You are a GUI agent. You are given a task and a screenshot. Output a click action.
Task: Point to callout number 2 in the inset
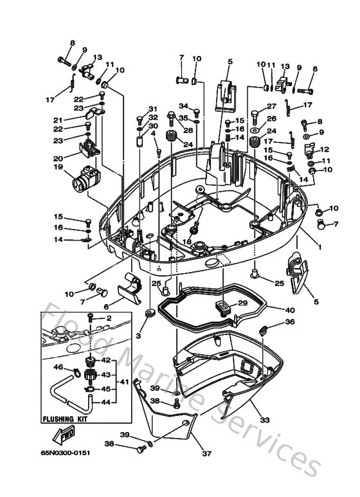[x=109, y=318]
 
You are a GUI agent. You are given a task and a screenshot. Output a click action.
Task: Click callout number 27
[x=271, y=107]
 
